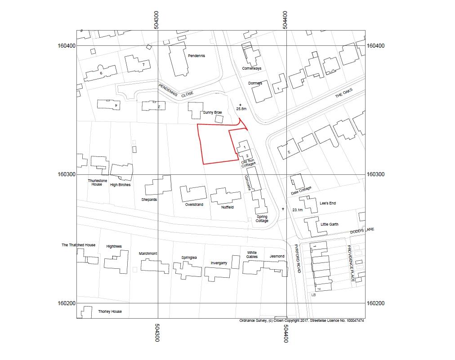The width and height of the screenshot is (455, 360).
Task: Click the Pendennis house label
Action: pos(196,56)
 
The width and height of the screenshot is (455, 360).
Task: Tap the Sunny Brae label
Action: pos(212,112)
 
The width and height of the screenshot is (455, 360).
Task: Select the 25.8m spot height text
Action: pos(241,109)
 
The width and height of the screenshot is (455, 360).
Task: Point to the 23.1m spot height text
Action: pos(298,210)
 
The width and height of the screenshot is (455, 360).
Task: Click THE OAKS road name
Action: pos(344,93)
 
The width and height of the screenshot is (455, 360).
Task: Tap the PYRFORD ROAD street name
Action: pos(298,258)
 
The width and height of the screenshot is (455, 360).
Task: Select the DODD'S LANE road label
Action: pos(362,231)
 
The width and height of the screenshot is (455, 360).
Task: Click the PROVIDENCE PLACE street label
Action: pos(351,263)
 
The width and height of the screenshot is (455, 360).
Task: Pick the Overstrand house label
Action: pos(194,204)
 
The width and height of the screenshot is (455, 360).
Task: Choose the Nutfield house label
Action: pos(227,207)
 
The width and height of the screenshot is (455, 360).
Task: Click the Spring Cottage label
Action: pos(262,219)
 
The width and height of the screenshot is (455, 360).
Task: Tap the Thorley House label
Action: pos(110,311)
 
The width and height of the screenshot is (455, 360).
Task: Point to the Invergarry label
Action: pos(219,263)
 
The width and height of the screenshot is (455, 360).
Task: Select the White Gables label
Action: pos(252,255)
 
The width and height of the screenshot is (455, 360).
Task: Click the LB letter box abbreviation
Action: pos(313,295)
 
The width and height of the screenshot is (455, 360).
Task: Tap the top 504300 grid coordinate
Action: pos(156,20)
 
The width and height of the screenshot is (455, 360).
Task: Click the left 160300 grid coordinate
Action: pos(67,174)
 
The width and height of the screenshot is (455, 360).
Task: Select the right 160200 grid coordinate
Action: pos(375,303)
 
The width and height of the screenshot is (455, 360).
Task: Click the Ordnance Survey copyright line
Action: pos(302,320)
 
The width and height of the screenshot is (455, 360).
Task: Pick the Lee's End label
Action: pos(328,203)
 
